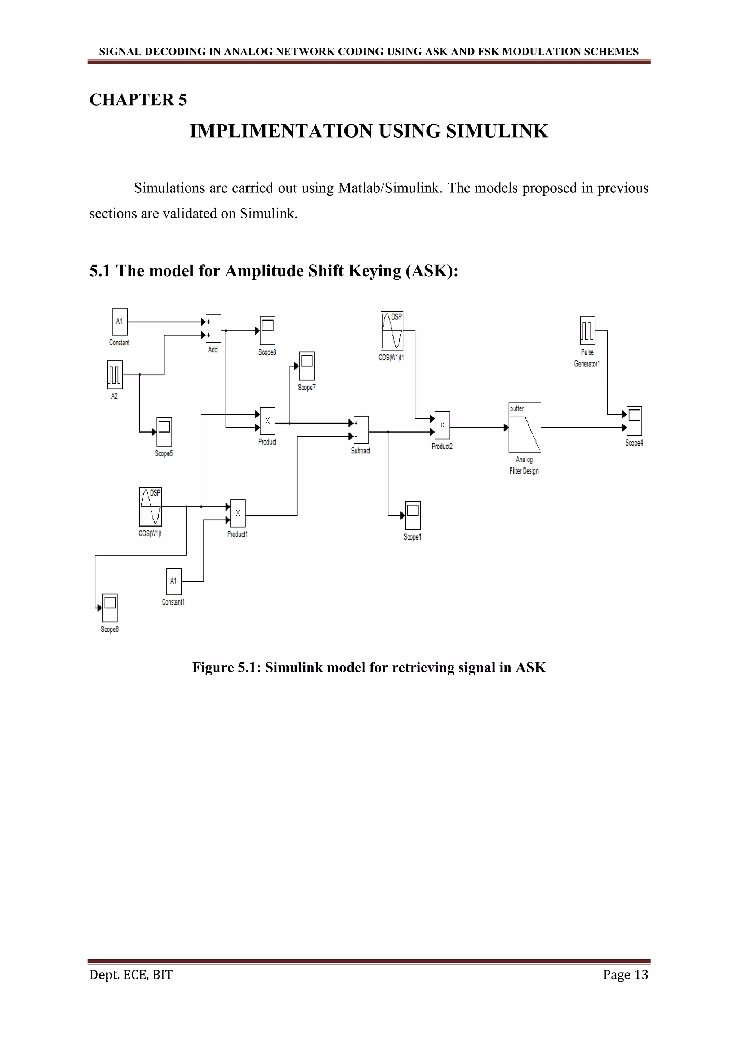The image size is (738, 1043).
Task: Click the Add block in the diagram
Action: [213, 328]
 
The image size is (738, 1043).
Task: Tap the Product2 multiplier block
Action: [442, 425]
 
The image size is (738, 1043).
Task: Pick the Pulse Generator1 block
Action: [587, 331]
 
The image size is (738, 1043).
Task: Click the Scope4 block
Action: [634, 421]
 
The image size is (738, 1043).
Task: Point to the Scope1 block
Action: [413, 515]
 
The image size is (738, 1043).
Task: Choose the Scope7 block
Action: [307, 366]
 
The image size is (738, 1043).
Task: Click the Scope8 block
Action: [267, 331]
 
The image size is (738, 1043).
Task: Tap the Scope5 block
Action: [164, 431]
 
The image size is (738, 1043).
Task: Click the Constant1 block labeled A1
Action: [174, 581]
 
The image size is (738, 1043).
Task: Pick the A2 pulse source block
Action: [115, 375]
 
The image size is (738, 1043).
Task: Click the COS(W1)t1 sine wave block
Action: [392, 331]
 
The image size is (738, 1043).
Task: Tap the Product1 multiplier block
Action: [238, 513]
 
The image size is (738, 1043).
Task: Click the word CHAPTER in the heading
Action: [131, 100]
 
